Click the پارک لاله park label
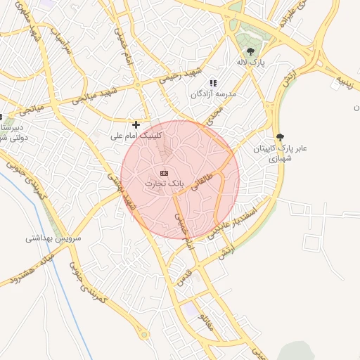click(252, 63)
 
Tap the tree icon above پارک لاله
click(251, 51)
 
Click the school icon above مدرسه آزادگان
click(213, 83)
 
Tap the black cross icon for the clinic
click(136, 124)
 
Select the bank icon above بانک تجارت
click(165, 173)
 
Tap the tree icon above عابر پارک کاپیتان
click(281, 137)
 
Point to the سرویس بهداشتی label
click(53, 238)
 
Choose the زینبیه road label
click(347, 79)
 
